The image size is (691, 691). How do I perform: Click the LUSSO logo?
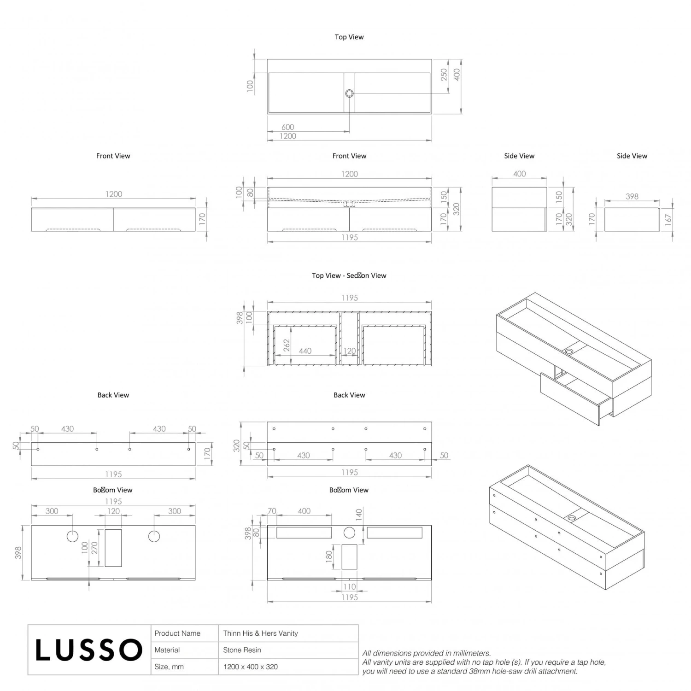(x=89, y=650)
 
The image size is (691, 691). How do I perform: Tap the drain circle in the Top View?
(x=349, y=94)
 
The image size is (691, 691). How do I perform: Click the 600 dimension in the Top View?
(x=287, y=127)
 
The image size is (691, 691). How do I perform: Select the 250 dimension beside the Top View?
(x=444, y=75)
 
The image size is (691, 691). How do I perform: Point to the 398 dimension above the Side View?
(x=632, y=196)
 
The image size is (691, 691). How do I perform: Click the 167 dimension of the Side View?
(x=668, y=219)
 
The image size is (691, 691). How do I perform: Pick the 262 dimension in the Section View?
(x=287, y=345)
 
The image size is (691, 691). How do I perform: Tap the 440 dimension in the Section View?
(x=305, y=351)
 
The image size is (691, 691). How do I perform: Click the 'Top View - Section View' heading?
(x=349, y=275)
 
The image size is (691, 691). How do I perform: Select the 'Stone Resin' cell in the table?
(x=242, y=650)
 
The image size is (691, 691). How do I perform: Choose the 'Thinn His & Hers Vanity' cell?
(x=261, y=633)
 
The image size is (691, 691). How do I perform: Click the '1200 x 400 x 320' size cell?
(x=251, y=667)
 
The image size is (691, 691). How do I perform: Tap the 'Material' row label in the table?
(x=167, y=650)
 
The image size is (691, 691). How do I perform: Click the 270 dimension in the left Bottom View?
(x=94, y=548)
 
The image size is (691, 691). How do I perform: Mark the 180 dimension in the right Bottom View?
(x=329, y=556)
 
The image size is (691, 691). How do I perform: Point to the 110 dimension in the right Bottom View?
(x=349, y=587)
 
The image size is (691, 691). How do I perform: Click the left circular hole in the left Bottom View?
(x=72, y=536)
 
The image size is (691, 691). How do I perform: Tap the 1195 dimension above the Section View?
(x=349, y=298)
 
